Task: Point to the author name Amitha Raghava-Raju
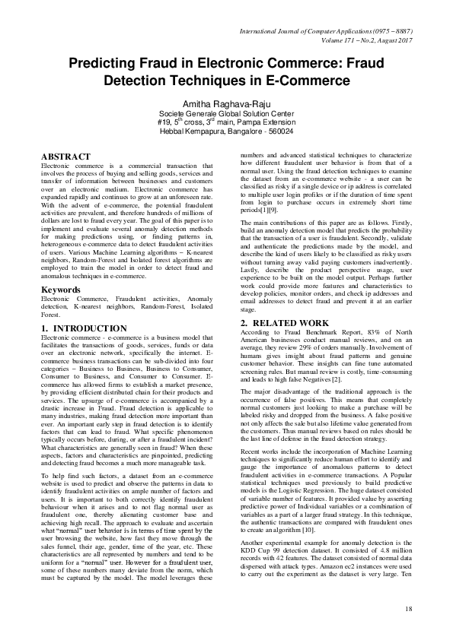coord(226,103)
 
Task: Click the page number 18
coord(408,609)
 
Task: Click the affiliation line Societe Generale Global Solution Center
coord(226,113)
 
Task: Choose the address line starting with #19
coord(226,122)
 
